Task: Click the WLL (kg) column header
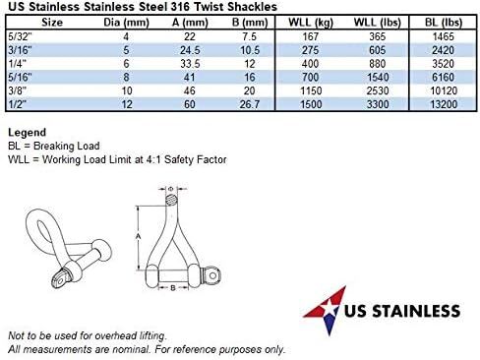[x=311, y=23]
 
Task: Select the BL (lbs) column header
[x=444, y=23]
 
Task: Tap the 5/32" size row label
[x=19, y=36]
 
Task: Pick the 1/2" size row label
[x=17, y=104]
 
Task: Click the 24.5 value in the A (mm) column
[x=190, y=50]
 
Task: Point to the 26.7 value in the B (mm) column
[x=250, y=104]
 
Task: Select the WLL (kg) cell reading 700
[x=310, y=77]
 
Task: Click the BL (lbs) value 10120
[x=444, y=90]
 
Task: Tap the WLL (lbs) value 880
[x=377, y=64]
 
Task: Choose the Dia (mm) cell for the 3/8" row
[x=127, y=90]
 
